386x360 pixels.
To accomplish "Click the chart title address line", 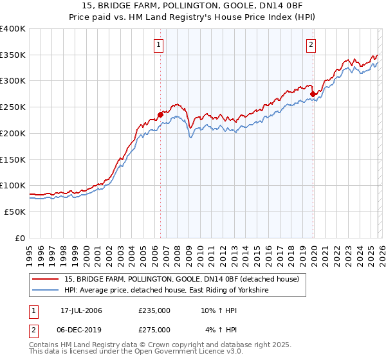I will tap(192, 5).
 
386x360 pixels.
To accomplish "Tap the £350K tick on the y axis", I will tap(13, 55).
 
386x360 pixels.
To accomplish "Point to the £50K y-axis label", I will tap(15, 212).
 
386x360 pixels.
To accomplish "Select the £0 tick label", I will tap(21, 238).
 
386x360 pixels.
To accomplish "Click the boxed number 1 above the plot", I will tap(158, 44).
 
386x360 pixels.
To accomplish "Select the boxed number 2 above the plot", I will tap(311, 44).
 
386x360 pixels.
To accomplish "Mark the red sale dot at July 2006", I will tap(160, 115).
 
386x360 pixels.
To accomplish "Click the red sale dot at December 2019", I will tap(313, 94).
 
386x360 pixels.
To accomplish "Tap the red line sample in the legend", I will tap(46, 280).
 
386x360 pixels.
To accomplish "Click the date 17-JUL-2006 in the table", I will tap(81, 310).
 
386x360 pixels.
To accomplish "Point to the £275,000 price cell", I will tap(154, 329).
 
